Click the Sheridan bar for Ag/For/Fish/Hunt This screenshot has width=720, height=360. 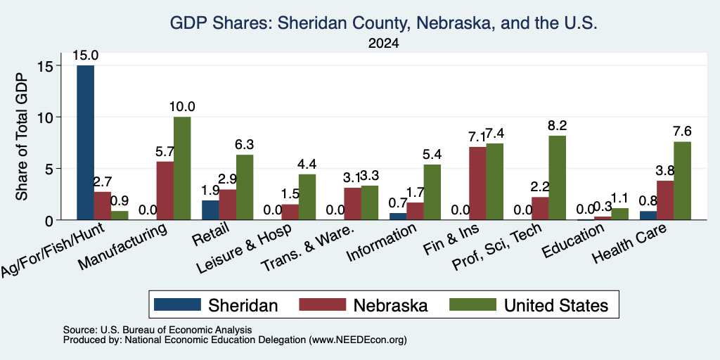tap(85, 142)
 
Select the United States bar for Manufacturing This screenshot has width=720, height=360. tap(182, 168)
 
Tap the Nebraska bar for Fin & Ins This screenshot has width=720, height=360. tap(477, 184)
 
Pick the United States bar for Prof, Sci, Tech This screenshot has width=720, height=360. tap(558, 178)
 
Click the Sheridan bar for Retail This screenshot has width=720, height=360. tap(210, 210)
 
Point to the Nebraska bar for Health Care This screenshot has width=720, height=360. tap(665, 200)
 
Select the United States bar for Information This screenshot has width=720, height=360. tap(432, 192)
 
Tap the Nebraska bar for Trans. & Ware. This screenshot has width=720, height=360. tap(353, 204)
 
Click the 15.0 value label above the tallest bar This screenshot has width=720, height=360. tap(85, 56)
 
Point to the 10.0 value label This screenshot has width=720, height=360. tap(182, 107)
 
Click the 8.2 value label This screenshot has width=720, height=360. tap(558, 126)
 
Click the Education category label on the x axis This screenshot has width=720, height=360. tap(572, 240)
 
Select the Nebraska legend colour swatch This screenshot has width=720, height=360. tap(322, 304)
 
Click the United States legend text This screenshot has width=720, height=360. tap(556, 305)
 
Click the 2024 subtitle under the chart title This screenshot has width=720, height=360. tap(383, 44)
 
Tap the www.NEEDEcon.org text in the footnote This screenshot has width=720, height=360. tap(358, 340)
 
